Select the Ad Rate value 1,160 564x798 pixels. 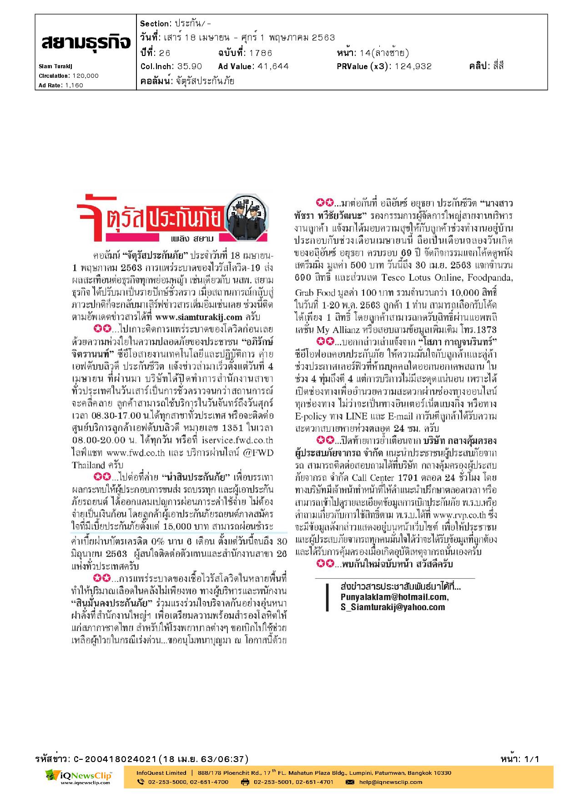(73, 85)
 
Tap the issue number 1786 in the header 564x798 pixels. (261, 53)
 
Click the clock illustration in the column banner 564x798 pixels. (248, 209)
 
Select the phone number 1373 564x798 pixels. (487, 330)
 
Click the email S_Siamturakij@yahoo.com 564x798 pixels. (392, 607)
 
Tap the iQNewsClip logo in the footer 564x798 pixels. (78, 776)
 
